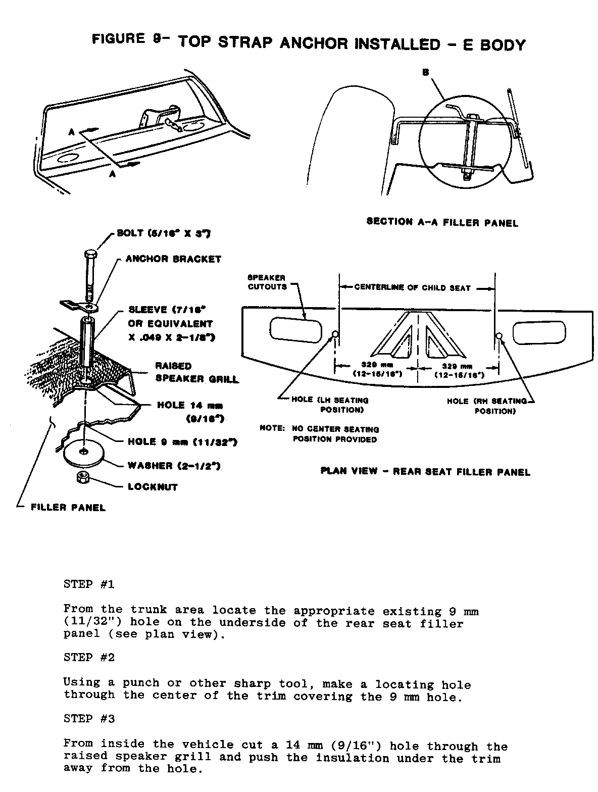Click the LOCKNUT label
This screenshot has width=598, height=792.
pos(153,487)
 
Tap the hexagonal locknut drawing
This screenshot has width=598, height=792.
pos(82,477)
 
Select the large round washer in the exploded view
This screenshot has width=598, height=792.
pos(84,451)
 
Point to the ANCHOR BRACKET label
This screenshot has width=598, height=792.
pos(173,259)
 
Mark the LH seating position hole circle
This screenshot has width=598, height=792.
pos(334,334)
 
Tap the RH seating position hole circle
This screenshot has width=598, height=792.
pos(499,336)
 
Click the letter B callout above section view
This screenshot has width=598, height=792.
pos(425,73)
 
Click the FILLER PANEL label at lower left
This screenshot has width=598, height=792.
pos(68,508)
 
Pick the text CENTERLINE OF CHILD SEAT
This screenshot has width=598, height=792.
pos(412,288)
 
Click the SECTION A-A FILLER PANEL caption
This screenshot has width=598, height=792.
pos(442,222)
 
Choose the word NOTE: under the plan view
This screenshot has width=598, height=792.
pos(272,429)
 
